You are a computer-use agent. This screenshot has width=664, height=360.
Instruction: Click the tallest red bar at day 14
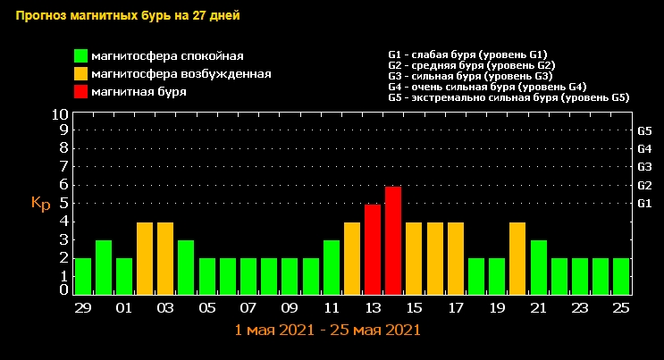[393, 239]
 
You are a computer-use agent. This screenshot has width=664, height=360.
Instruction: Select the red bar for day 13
[373, 248]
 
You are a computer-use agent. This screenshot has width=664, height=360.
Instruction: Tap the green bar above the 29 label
[83, 275]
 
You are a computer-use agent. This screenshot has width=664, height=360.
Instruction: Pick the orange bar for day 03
[165, 257]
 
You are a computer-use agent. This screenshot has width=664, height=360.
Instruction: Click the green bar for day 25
[621, 275]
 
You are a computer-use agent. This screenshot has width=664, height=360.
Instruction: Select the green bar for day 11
[332, 266]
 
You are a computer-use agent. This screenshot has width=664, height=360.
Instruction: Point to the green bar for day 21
[538, 266]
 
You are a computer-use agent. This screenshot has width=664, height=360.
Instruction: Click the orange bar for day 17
[456, 257]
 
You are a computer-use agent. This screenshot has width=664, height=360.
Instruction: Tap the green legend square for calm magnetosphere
[80, 56]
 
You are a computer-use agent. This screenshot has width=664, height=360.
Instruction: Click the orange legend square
[80, 73]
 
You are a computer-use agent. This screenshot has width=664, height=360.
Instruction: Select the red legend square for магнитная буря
[80, 90]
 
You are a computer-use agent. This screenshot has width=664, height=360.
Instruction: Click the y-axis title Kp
[40, 203]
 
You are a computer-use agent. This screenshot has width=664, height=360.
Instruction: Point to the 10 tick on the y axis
[60, 114]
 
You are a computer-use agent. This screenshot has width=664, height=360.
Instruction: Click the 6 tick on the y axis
[63, 185]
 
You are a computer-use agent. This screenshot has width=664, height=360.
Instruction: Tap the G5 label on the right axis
[644, 131]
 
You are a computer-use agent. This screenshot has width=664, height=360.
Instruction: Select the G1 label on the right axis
[644, 204]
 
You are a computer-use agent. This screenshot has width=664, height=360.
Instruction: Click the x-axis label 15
[414, 307]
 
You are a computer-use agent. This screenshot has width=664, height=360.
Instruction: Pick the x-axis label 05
[206, 307]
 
